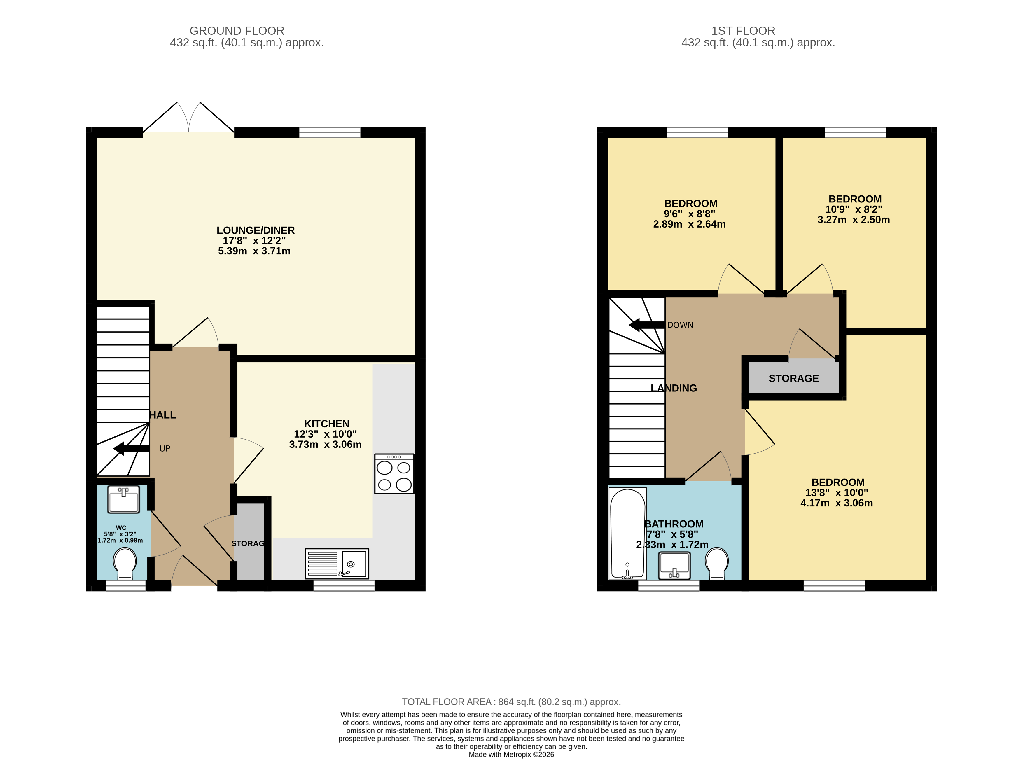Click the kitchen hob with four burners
[394, 474]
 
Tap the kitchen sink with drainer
[336, 563]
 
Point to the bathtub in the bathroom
[627, 534]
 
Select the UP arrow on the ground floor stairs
[131, 448]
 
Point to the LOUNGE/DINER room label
[256, 230]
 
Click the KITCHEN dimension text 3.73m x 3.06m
[325, 444]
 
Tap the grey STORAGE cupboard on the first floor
[793, 378]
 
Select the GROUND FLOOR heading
[237, 31]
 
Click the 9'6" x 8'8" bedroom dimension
[689, 214]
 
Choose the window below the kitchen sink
[344, 586]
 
